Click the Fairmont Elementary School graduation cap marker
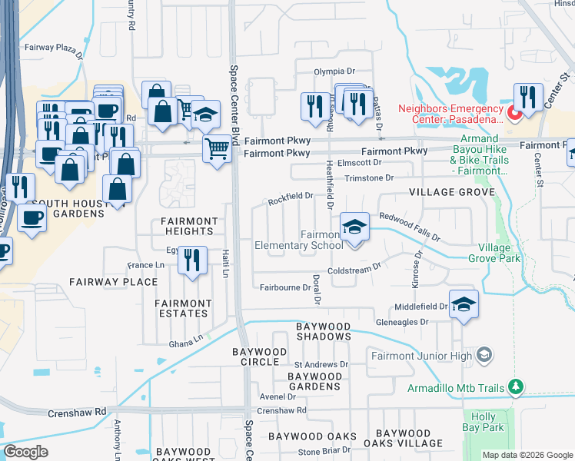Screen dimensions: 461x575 click(x=354, y=227)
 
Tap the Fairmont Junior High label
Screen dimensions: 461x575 click(x=421, y=355)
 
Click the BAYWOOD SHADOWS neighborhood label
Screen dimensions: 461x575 click(x=324, y=331)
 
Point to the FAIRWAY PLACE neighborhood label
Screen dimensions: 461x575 click(x=114, y=282)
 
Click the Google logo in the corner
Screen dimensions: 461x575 click(x=25, y=452)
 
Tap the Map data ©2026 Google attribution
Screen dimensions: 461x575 click(x=527, y=455)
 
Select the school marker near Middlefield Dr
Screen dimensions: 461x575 click(x=464, y=305)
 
